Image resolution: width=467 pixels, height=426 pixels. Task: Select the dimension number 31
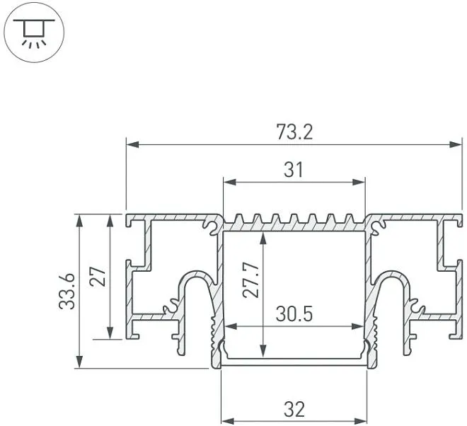[294, 170]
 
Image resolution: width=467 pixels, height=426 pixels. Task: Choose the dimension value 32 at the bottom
[294, 409]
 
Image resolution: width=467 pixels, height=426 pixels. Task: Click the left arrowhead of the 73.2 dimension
[132, 145]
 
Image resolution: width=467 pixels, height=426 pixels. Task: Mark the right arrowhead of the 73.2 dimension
[457, 145]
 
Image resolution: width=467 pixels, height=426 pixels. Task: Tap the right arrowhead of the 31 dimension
[361, 183]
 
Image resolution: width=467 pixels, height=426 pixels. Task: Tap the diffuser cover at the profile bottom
[294, 363]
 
